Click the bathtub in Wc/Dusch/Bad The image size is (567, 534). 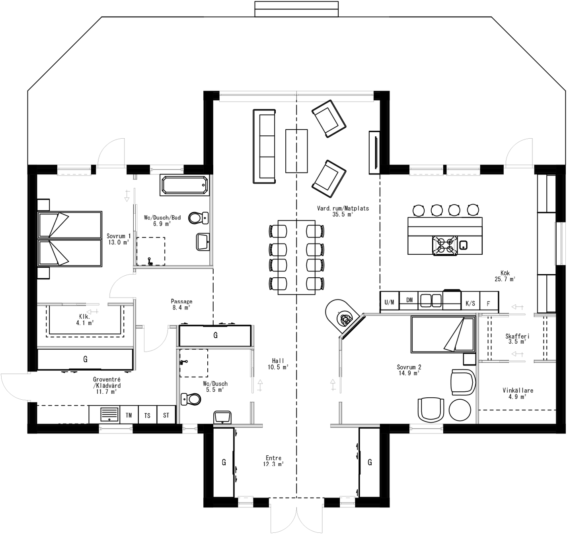pos(184,185)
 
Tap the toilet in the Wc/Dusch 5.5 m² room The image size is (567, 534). pos(190,399)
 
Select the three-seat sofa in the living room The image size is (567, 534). pos(264,146)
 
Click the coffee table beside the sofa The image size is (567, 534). pos(296,151)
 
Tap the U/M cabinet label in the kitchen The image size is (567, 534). pos(389,302)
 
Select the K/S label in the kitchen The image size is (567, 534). pos(470,304)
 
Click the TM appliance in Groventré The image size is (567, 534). pos(129,415)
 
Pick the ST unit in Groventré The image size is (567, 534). pos(166,415)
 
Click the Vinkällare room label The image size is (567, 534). pos(517,393)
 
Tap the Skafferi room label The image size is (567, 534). pos(517,339)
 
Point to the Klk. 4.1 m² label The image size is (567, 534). pos(84,320)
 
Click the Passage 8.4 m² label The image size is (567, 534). pos(181,304)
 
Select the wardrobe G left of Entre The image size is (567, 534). pos(224,462)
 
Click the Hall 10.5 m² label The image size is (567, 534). pos(278,364)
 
